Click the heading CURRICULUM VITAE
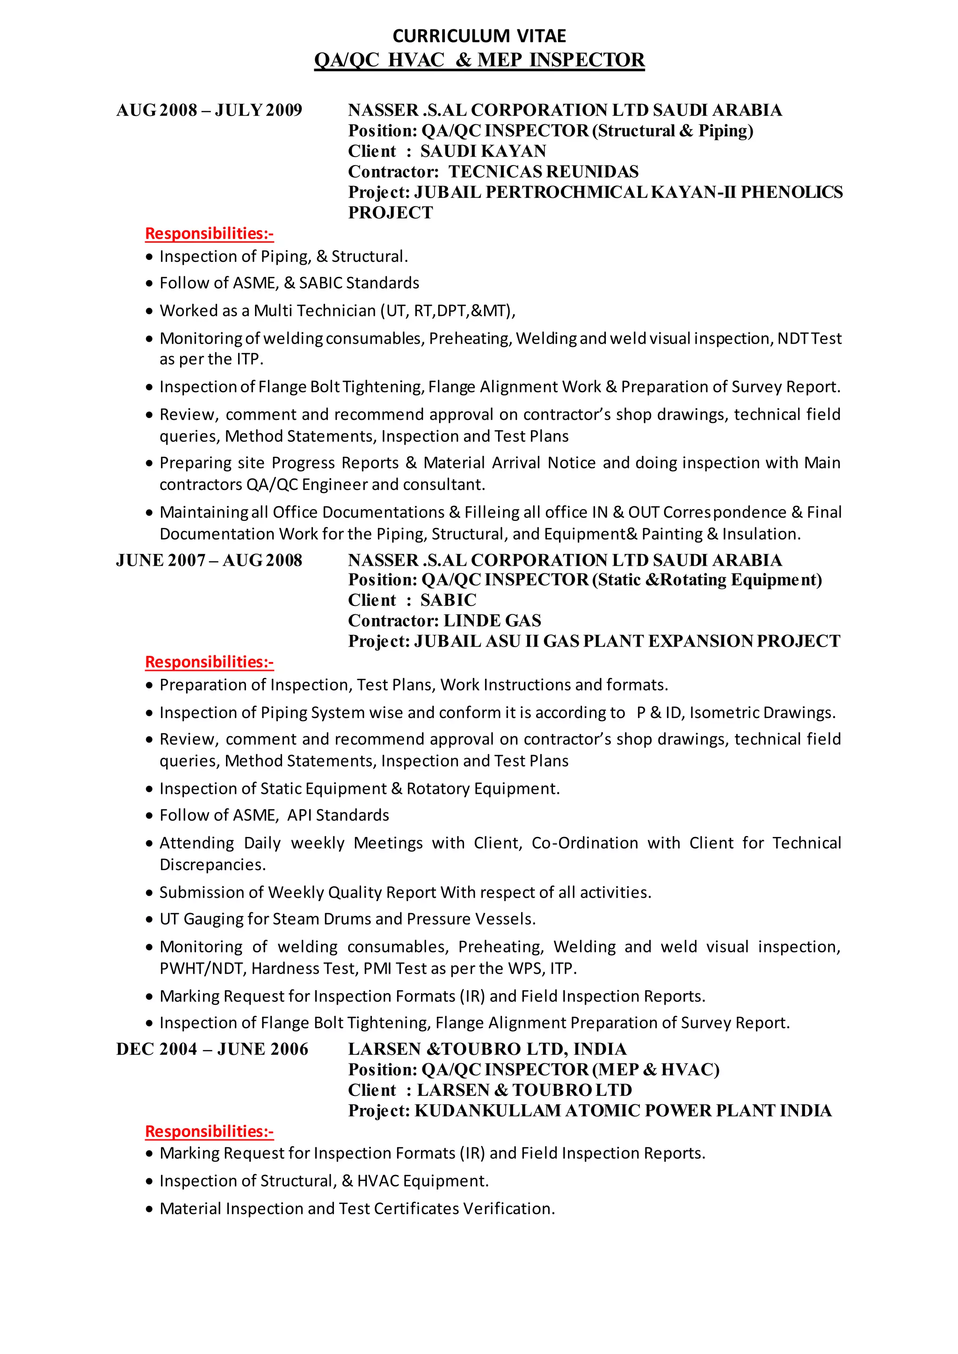(x=479, y=36)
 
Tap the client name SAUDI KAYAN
(x=483, y=151)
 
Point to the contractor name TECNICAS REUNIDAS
(x=543, y=172)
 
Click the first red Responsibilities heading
(x=210, y=233)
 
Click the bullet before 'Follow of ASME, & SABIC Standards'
(x=149, y=284)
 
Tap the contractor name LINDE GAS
(x=492, y=620)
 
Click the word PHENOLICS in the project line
(x=791, y=192)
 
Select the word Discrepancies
(x=212, y=864)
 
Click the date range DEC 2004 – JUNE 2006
(x=212, y=1049)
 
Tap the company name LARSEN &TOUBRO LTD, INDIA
(x=487, y=1049)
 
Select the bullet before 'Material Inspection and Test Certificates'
(x=149, y=1210)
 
